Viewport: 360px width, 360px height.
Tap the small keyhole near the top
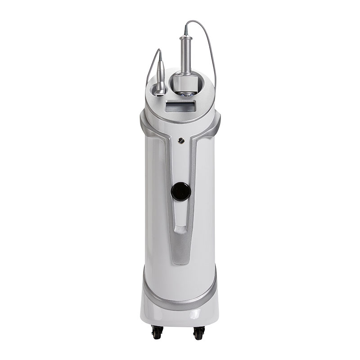click(181, 140)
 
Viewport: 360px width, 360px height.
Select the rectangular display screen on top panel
click(180, 107)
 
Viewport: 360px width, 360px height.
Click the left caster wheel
click(157, 333)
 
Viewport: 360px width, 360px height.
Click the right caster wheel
click(199, 333)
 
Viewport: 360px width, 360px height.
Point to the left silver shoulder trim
click(147, 124)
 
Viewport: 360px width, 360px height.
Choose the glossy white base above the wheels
click(180, 317)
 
